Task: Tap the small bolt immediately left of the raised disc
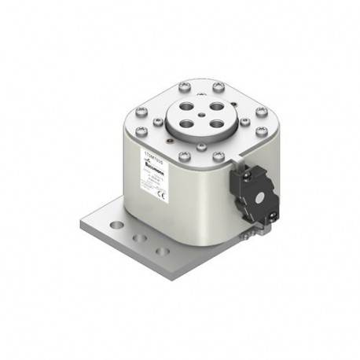click(x=157, y=122)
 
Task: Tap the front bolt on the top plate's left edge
click(x=141, y=130)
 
